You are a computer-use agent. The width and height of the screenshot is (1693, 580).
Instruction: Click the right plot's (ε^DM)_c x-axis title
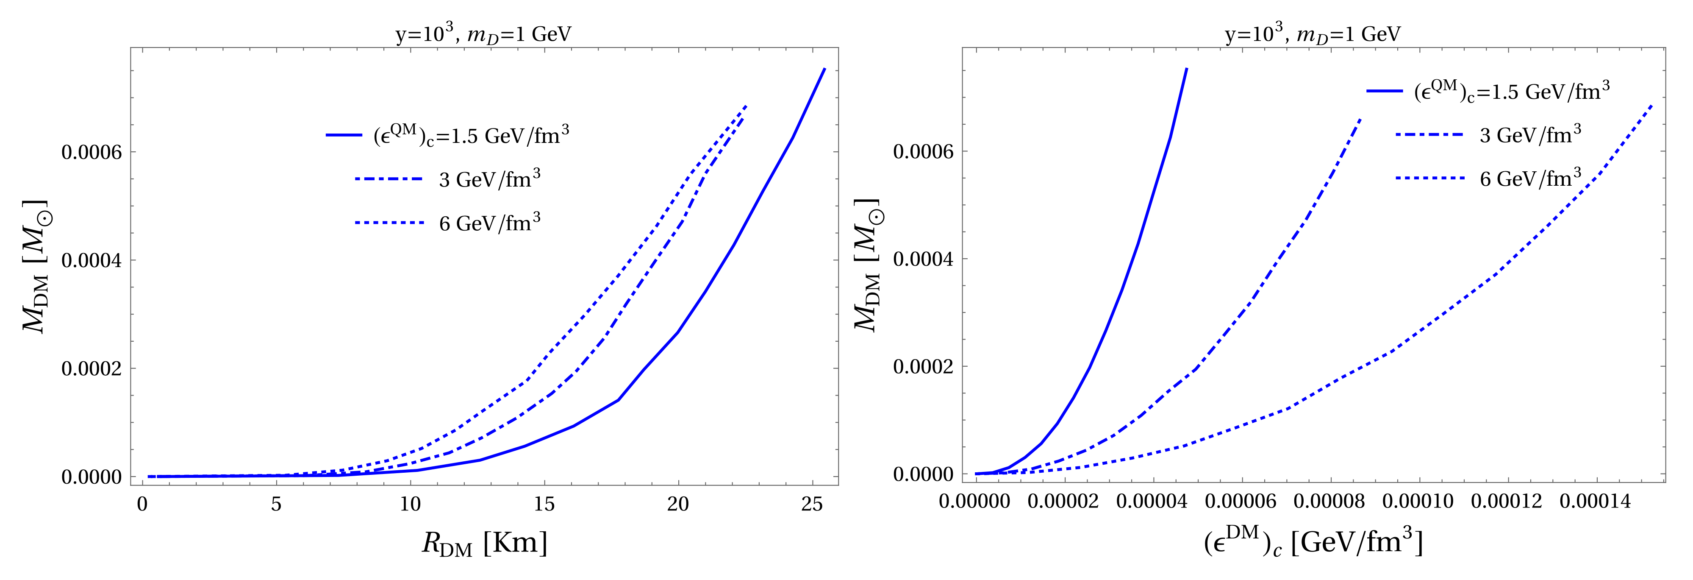point(1313,543)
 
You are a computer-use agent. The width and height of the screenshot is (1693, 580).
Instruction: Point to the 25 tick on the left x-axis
point(812,505)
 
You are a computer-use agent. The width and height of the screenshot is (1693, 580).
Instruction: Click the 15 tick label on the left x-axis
point(544,505)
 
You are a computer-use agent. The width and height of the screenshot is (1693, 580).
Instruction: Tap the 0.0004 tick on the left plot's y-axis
point(92,260)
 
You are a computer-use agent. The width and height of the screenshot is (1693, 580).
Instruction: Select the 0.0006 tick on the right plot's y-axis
point(923,152)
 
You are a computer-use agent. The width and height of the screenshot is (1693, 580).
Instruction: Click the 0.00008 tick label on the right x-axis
point(1329,502)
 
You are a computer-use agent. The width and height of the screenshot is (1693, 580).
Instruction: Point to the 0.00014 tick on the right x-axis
point(1595,502)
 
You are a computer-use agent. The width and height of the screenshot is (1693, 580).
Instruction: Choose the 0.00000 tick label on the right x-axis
point(974,502)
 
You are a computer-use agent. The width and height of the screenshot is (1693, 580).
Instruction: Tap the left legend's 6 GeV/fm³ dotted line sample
point(389,223)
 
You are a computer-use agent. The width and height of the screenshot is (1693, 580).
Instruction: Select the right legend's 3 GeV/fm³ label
point(1530,135)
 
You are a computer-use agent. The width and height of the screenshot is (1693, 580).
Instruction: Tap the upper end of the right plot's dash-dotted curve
point(1360,120)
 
